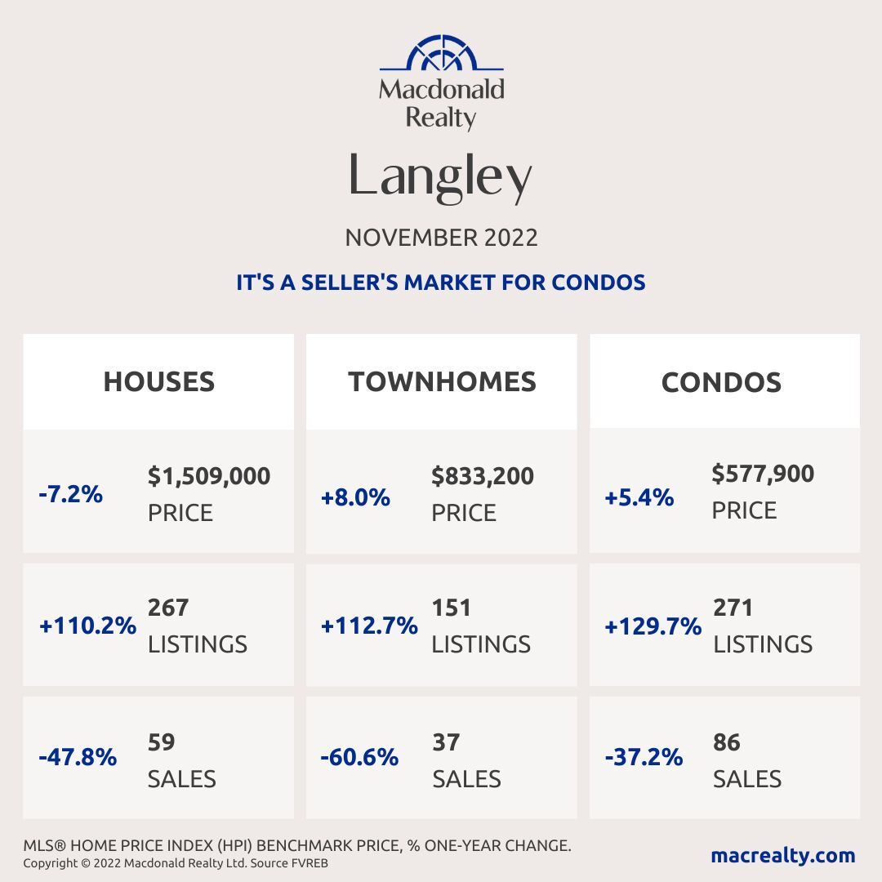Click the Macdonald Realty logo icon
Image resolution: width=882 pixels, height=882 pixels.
coord(441,54)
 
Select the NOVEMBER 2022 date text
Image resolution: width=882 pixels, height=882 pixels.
coord(441,238)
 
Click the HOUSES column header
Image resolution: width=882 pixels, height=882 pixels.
coord(158,381)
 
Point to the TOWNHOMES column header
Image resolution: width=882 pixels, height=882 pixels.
coord(442,381)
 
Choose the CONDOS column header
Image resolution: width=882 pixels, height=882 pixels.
coord(721,382)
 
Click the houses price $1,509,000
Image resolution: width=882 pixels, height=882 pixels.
coord(209,476)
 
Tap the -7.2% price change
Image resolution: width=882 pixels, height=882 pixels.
coord(70,494)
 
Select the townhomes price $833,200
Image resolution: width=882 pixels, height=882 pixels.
coord(483,476)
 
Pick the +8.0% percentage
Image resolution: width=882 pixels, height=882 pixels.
coord(355,497)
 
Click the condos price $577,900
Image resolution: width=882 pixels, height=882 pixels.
coord(763,474)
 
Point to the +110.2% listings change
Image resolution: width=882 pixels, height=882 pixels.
coord(87,626)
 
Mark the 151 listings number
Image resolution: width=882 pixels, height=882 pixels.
coord(452,608)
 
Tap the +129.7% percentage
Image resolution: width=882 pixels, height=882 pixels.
coord(653,626)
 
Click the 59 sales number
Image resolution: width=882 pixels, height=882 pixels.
coord(162,742)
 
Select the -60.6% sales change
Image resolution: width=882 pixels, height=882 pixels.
coord(359,758)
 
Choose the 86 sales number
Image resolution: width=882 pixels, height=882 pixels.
coord(727,742)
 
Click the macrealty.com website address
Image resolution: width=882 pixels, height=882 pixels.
coord(782,855)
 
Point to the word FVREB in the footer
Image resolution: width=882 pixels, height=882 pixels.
coord(310,863)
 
